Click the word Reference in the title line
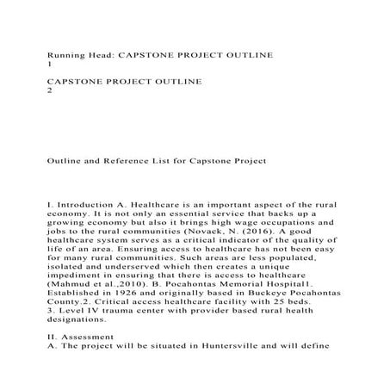point(142,160)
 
